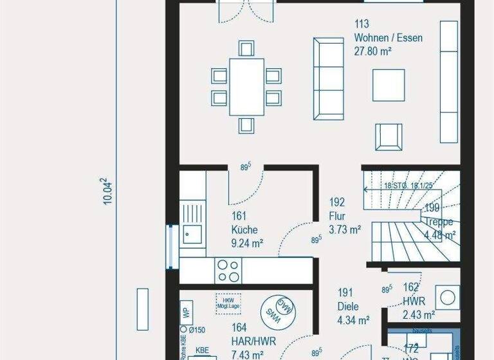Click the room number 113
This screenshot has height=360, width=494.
(362, 24)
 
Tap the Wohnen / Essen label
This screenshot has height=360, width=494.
(388, 38)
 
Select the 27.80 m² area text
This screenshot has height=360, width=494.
(373, 51)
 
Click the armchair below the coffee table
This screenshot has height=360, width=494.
(389, 136)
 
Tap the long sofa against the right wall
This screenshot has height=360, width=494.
(448, 81)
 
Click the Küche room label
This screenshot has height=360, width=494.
(244, 230)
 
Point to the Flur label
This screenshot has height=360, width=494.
(338, 215)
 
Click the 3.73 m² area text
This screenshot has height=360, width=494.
(345, 229)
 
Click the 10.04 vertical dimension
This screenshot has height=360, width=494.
(109, 192)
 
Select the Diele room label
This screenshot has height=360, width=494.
(348, 307)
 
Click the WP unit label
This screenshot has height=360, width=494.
(185, 313)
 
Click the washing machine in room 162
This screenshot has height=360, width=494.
(446, 298)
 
